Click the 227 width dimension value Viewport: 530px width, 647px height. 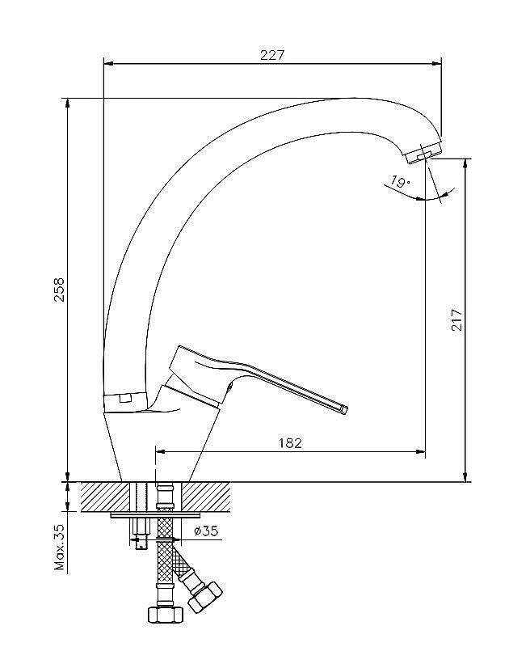[x=272, y=55]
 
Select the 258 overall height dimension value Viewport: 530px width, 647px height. [x=60, y=290]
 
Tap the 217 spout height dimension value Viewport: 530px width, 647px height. [x=457, y=319]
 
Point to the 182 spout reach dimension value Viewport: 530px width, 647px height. [x=291, y=442]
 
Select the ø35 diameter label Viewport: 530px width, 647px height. [x=207, y=531]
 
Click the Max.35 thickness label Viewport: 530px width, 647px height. [x=60, y=548]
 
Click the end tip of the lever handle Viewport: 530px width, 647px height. [x=344, y=408]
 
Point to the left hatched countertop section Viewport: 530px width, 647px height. [x=105, y=497]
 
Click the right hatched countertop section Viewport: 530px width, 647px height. [x=206, y=497]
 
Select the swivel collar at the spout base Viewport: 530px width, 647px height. [x=124, y=402]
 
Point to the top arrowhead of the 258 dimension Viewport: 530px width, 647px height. [x=67, y=104]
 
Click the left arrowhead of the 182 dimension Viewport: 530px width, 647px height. [x=161, y=452]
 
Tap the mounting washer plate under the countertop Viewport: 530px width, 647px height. [x=156, y=515]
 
